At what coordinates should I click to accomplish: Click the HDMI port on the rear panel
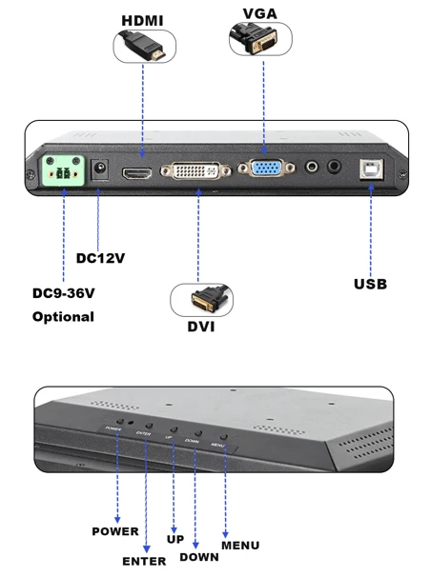pyautogui.click(x=137, y=173)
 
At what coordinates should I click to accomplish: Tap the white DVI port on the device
pyautogui.click(x=196, y=170)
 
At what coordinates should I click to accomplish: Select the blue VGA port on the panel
pyautogui.click(x=266, y=169)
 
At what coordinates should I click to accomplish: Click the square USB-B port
pyautogui.click(x=372, y=169)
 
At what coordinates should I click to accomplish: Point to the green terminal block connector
pyautogui.click(x=63, y=170)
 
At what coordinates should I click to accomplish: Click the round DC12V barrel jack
pyautogui.click(x=99, y=169)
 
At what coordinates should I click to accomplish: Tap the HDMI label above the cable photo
pyautogui.click(x=142, y=21)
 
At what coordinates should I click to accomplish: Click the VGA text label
pyautogui.click(x=260, y=13)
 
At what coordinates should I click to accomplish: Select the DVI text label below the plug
pyautogui.click(x=201, y=327)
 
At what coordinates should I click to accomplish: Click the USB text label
pyautogui.click(x=370, y=284)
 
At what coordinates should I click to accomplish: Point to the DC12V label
pyautogui.click(x=100, y=258)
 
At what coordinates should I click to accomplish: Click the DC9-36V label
pyautogui.click(x=63, y=293)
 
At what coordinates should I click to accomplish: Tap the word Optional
pyautogui.click(x=63, y=317)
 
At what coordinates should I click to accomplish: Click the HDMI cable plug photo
pyautogui.click(x=144, y=47)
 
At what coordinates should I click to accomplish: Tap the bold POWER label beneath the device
pyautogui.click(x=115, y=531)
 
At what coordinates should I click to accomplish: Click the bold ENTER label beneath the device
pyautogui.click(x=144, y=561)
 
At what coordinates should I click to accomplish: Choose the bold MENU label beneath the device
pyautogui.click(x=240, y=546)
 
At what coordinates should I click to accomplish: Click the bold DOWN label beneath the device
pyautogui.click(x=199, y=557)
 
